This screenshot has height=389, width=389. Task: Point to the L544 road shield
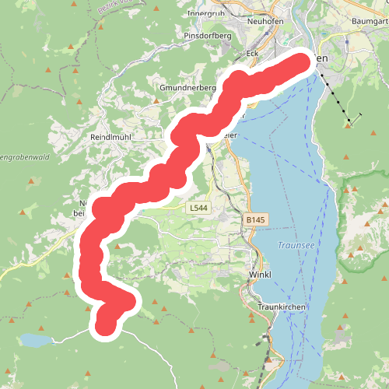click(198, 209)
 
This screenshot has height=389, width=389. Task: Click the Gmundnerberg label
click(187, 88)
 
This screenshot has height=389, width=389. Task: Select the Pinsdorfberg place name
click(209, 36)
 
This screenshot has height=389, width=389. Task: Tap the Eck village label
click(251, 53)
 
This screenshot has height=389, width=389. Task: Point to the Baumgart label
click(369, 21)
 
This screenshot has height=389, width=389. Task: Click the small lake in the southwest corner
click(35, 340)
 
